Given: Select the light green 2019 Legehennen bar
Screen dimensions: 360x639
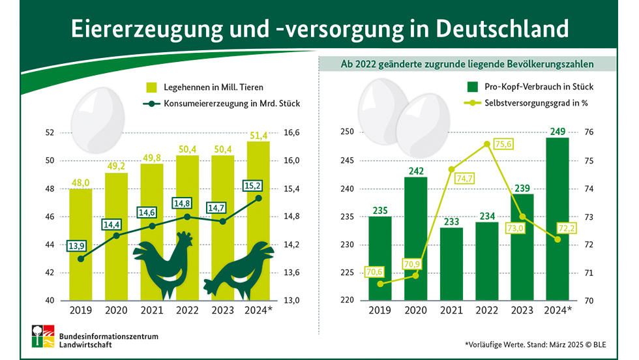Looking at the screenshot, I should [80, 245].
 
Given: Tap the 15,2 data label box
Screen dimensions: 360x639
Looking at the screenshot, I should [254, 185].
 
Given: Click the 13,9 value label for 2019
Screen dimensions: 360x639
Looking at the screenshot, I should [81, 245].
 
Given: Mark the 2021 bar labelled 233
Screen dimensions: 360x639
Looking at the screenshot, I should [451, 261].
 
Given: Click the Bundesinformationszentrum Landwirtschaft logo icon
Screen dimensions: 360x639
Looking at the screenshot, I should [43, 337].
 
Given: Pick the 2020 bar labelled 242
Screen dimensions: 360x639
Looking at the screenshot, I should [415, 238].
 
